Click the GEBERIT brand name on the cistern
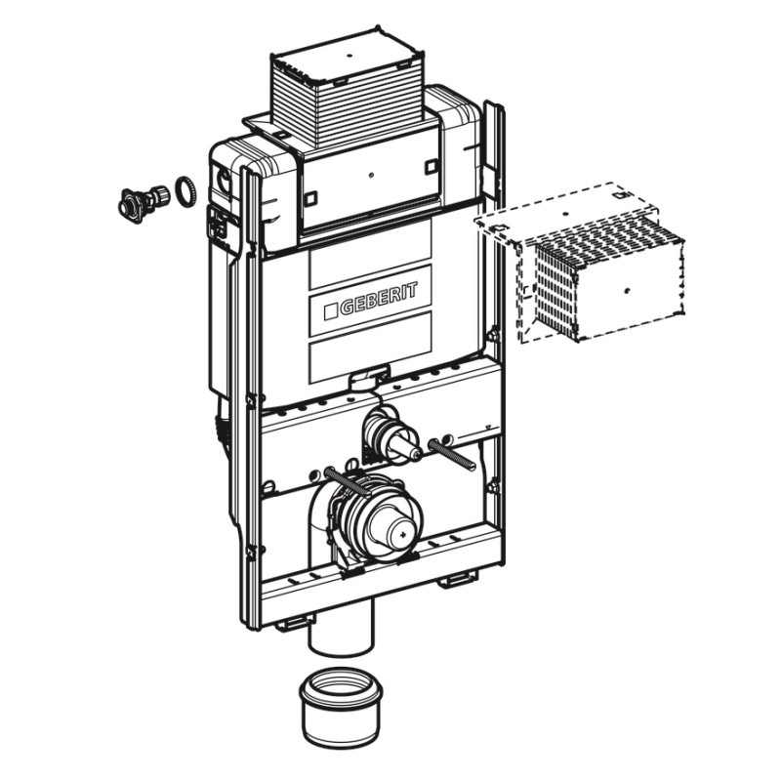[379, 300]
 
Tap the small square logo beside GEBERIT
[331, 312]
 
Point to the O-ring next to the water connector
[185, 191]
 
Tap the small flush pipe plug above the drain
[393, 434]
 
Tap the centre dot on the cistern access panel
[372, 176]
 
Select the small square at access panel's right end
[431, 166]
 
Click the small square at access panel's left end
[310, 198]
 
